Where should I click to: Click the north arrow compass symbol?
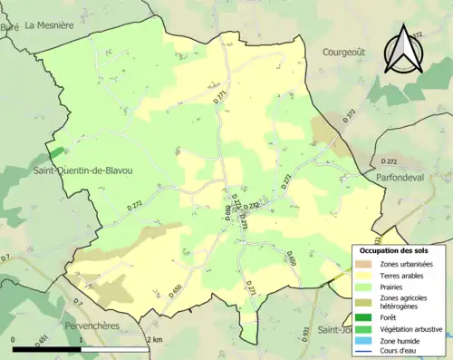(404, 49)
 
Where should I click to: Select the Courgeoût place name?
(344, 53)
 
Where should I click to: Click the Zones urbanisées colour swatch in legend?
(364, 264)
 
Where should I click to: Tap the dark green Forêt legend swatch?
(364, 317)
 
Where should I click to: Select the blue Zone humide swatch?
(364, 339)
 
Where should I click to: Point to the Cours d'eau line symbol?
(364, 350)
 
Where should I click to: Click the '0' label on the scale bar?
(14, 339)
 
